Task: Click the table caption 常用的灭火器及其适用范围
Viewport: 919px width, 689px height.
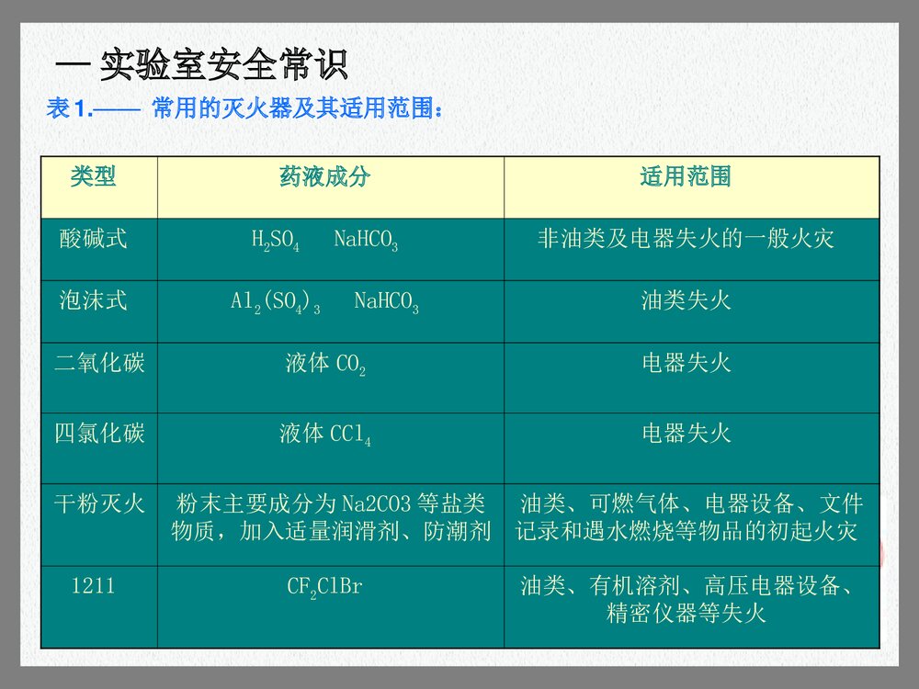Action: point(298,110)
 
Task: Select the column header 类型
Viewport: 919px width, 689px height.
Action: point(94,176)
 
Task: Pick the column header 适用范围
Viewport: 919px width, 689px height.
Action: point(686,176)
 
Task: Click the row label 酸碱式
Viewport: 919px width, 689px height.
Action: point(94,240)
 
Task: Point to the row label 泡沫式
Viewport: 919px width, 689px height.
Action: point(94,300)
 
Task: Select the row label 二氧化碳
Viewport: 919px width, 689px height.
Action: point(99,363)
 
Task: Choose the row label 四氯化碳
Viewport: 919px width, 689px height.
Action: point(99,433)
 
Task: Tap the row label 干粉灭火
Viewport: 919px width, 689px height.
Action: point(99,503)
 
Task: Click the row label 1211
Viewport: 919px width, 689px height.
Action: point(94,585)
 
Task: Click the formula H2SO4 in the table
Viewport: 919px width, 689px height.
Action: point(275,242)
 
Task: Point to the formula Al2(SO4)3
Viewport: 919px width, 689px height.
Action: point(275,302)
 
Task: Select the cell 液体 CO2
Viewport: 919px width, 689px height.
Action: point(325,365)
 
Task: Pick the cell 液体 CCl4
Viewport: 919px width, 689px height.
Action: point(325,435)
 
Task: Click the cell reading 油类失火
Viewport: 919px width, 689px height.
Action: point(686,300)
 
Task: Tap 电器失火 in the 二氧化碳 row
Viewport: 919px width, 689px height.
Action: point(686,363)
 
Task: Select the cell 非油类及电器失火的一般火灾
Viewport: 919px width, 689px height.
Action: point(686,240)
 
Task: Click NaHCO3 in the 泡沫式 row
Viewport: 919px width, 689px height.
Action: point(386,302)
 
